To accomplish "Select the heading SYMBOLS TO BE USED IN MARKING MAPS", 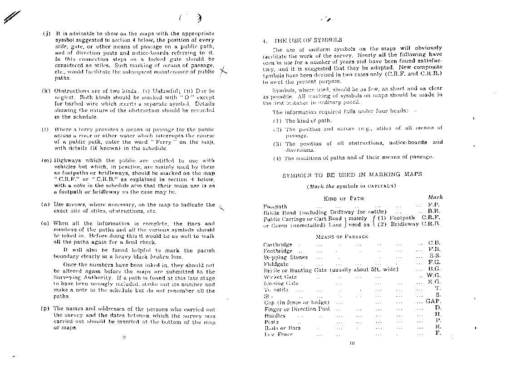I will pos(352,174).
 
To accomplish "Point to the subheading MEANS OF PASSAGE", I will pos(342,236).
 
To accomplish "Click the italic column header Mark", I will pos(435,197).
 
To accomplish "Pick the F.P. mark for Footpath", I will pos(434,205).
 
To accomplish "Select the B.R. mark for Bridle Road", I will pos(434,212).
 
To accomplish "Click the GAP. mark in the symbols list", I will pos(433,301).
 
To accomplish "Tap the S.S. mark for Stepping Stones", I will pos(435,256).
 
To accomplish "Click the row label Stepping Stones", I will pos(285,257).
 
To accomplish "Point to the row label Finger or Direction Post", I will pos(297,309).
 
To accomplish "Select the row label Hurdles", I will pos(275,315).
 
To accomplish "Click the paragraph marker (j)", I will pos(46,34).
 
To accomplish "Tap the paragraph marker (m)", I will pos(46,160).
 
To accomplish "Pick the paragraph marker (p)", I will pos(45,308).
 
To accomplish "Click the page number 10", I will pos(352,343).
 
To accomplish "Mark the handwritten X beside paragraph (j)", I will pos(222,71).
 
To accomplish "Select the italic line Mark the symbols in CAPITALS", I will pos(352,186).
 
